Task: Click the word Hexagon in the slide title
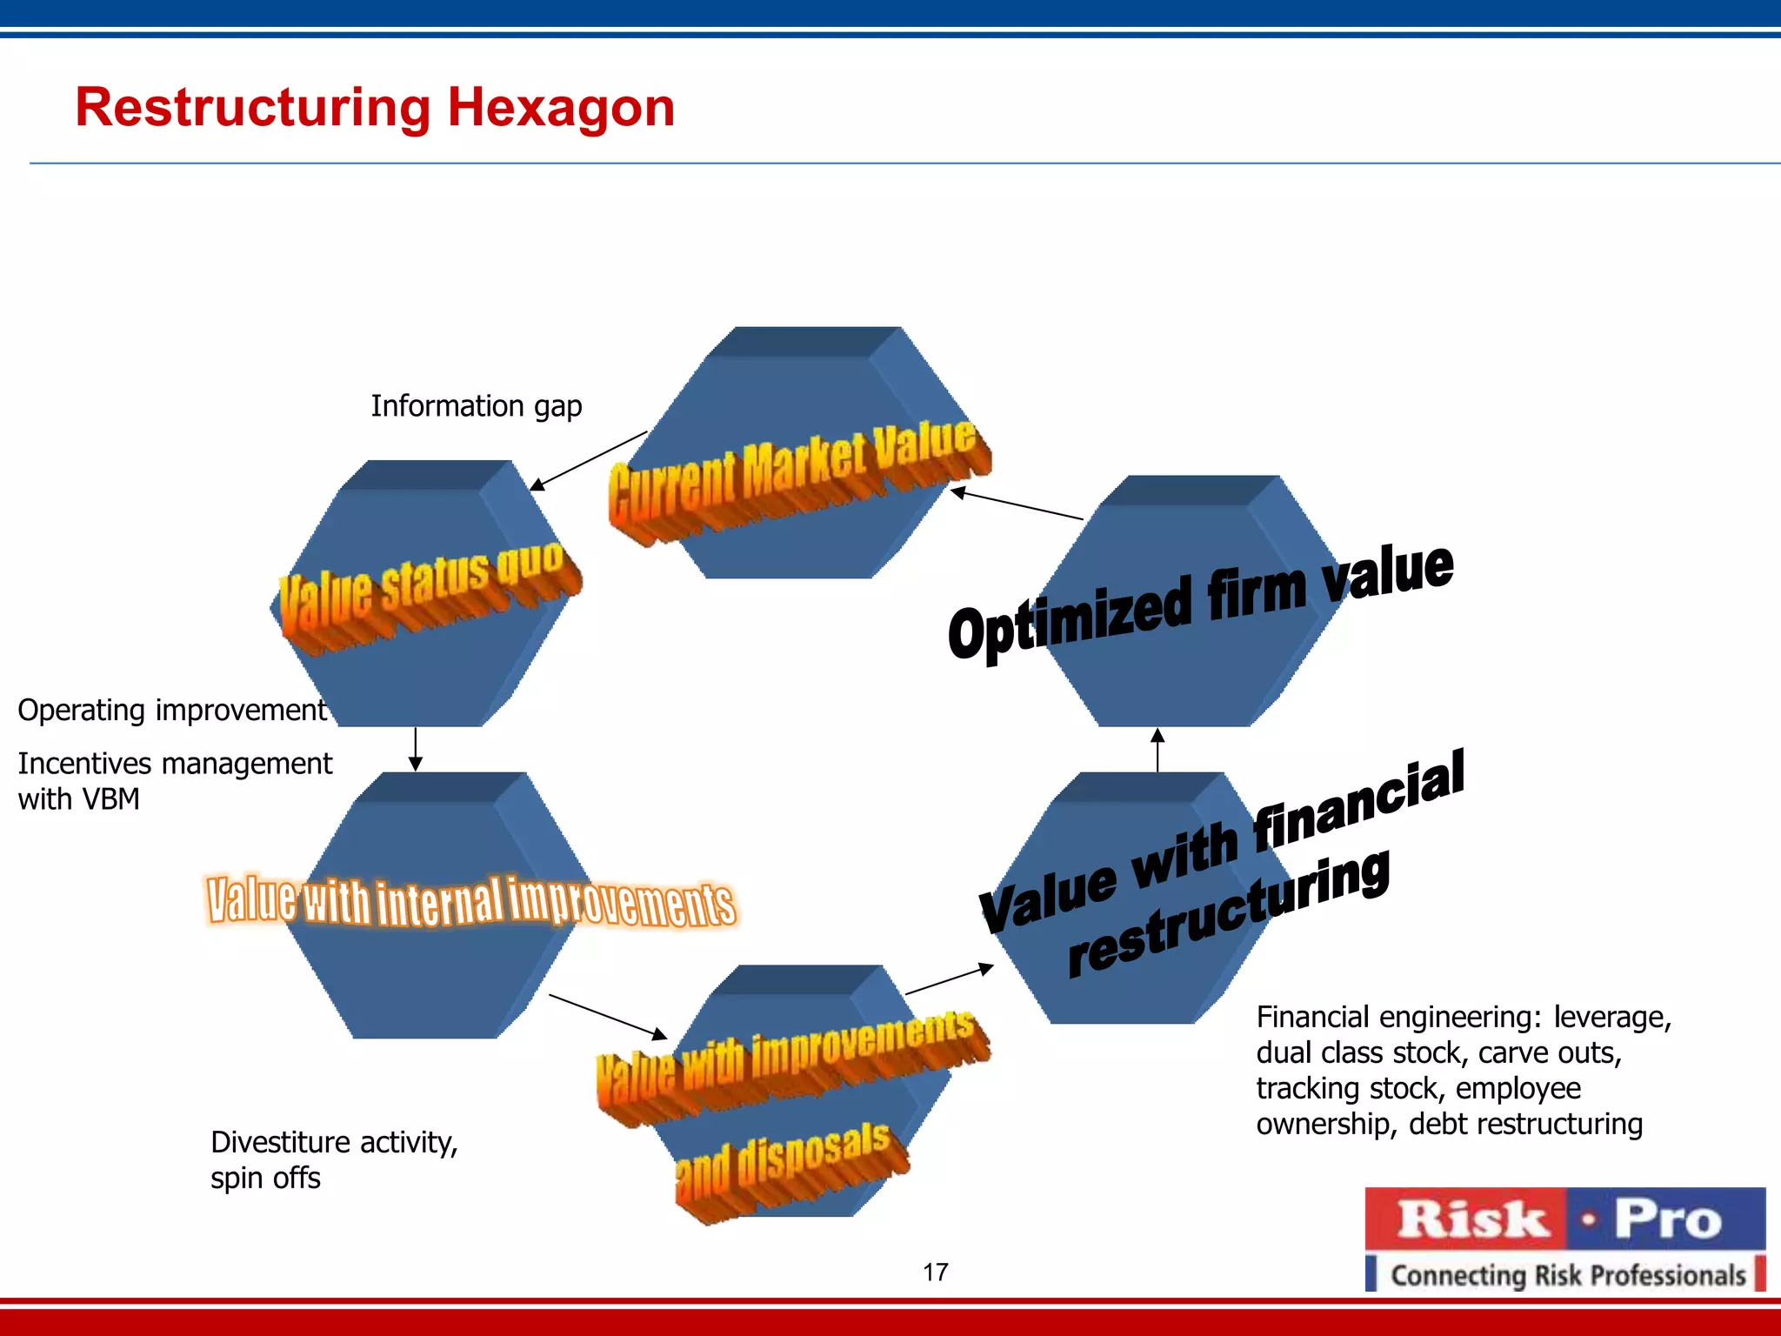561,108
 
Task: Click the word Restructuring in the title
252,108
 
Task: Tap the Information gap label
476,406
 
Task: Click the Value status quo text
426,587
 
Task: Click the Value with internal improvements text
470,902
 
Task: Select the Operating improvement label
171,711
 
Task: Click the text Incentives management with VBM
174,781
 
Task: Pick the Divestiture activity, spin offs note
334,1159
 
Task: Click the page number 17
935,1273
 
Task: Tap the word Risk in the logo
1471,1219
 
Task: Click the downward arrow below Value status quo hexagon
416,749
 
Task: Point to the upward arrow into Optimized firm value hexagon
1157,750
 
